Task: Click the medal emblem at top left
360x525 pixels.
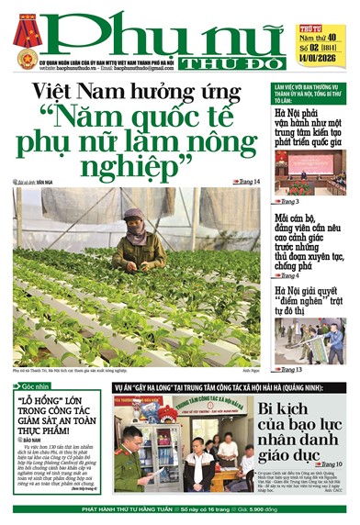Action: point(25,33)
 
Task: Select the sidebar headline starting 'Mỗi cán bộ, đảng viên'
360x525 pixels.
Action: point(309,237)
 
